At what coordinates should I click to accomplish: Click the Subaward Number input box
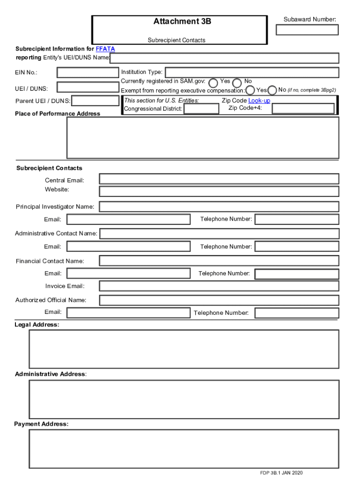click(x=307, y=30)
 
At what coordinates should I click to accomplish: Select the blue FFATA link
click(x=105, y=49)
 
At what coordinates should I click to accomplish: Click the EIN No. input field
click(x=88, y=73)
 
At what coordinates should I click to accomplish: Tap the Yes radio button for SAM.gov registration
click(x=213, y=82)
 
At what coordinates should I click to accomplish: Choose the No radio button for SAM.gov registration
click(x=237, y=82)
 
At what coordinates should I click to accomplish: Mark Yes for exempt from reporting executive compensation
click(x=250, y=90)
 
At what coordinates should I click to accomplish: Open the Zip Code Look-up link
click(x=259, y=101)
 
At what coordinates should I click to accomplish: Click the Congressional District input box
click(x=201, y=109)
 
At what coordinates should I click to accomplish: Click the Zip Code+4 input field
click(x=303, y=109)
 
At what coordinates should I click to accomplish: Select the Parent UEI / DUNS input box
click(x=95, y=101)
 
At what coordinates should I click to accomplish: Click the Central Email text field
click(x=219, y=179)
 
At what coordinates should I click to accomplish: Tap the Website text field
click(x=219, y=191)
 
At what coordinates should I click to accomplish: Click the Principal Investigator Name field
click(x=219, y=207)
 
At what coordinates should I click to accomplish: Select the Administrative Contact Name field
click(x=219, y=233)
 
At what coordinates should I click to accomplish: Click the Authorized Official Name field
click(x=219, y=300)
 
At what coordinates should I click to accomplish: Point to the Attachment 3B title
click(x=182, y=22)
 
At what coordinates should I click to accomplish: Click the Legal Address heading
click(x=37, y=325)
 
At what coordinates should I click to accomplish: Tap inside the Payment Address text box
click(x=184, y=449)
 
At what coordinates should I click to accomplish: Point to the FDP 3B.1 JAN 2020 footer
click(x=281, y=472)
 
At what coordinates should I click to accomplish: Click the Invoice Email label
click(x=65, y=286)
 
